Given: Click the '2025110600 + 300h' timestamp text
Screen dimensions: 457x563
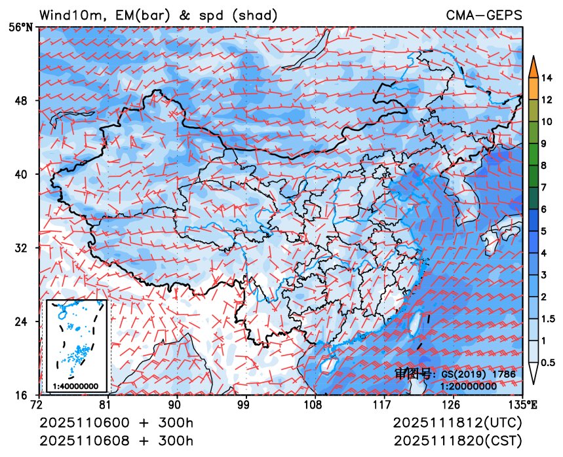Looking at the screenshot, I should (117, 423).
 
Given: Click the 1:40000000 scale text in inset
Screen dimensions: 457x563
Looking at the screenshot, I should (76, 386).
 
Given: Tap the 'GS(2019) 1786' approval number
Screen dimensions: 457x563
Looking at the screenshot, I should (478, 375).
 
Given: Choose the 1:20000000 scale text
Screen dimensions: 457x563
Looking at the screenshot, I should (469, 386).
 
